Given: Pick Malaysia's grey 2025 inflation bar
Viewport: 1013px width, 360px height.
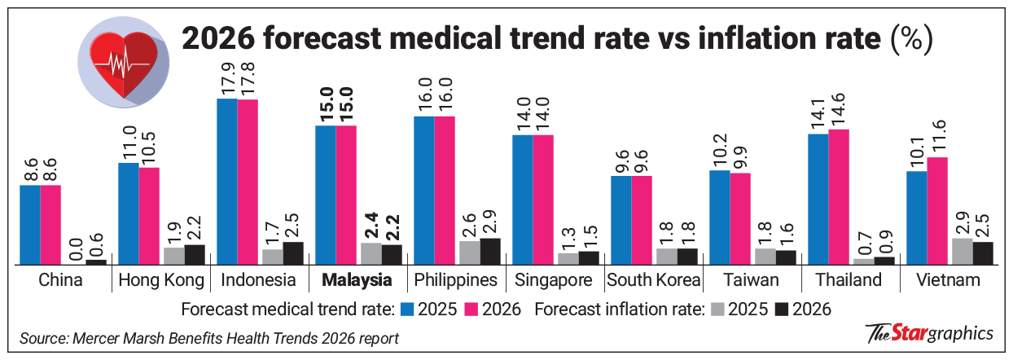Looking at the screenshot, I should [371, 253].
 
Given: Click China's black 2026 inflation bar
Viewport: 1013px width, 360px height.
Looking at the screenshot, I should [96, 261].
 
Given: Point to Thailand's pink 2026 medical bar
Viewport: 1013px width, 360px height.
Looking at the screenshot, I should [838, 196].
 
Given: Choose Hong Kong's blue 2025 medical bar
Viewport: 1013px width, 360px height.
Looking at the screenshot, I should [128, 213].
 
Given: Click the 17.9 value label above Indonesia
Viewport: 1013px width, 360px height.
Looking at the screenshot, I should [226, 77].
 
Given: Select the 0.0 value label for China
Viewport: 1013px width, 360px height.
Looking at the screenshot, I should [76, 243].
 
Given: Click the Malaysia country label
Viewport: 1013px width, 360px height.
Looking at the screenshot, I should [357, 281].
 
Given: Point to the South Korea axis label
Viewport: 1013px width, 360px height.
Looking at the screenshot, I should [653, 281].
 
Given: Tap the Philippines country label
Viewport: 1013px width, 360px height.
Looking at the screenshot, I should [456, 281].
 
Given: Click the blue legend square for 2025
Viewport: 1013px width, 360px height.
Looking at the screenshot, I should [408, 309].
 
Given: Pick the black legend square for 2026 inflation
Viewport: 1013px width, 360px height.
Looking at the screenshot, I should [783, 309].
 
